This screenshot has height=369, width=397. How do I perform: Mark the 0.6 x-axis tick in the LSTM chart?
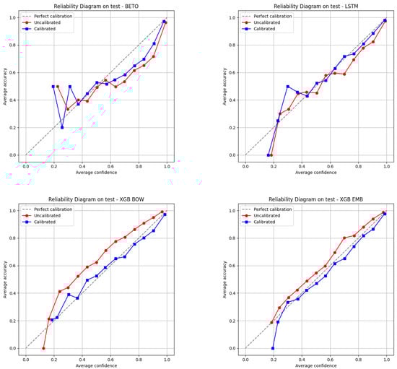click(x=330, y=165)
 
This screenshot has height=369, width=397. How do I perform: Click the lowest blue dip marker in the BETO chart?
click(x=62, y=127)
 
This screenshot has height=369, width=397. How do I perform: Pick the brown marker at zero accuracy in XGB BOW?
click(x=43, y=348)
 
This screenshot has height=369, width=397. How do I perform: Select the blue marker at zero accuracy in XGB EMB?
click(x=273, y=348)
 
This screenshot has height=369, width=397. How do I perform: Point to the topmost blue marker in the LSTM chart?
click(x=385, y=21)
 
